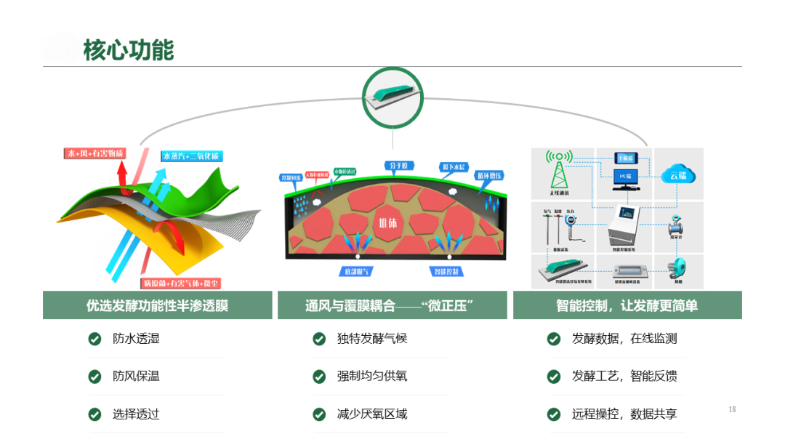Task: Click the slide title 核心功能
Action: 129,51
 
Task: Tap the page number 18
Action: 732,410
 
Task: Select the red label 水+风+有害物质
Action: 95,153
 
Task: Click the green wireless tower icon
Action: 560,172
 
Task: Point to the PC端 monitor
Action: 625,178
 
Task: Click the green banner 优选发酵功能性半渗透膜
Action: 157,306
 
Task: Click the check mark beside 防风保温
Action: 94,377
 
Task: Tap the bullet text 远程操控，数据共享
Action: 624,414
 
